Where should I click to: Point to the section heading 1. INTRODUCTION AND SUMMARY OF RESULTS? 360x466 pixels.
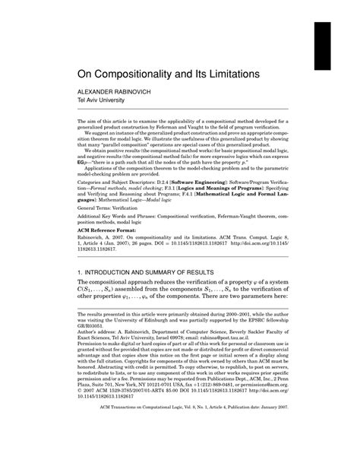click(x=157, y=293)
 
